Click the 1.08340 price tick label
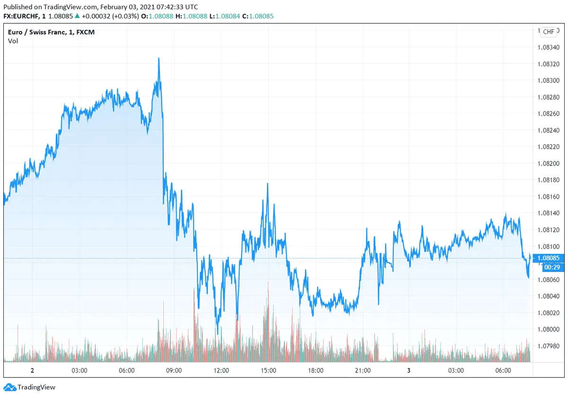pos(549,47)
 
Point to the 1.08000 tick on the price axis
pos(549,329)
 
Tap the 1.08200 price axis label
pos(549,163)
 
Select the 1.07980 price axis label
pos(549,346)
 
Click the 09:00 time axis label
pos(174,371)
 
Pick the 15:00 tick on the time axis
pos(268,371)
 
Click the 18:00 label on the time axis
pos(316,371)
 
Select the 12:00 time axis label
pos(221,371)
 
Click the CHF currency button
pos(549,32)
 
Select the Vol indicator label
pos(13,41)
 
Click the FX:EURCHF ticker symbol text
pos(24,16)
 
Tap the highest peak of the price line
pos(159,58)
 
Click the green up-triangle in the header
pos(77,16)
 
